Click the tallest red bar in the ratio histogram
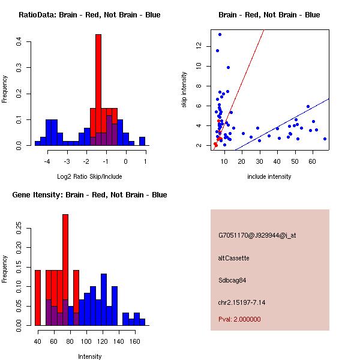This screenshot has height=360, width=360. [x=98, y=90]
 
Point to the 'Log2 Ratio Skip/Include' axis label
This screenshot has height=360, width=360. [x=89, y=176]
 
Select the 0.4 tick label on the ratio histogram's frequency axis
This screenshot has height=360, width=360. [x=20, y=41]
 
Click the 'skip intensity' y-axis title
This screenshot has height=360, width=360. [x=184, y=90]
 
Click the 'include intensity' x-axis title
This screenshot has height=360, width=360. [x=269, y=176]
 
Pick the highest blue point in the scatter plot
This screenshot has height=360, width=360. [x=220, y=34]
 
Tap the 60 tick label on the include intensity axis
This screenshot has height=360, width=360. [x=313, y=160]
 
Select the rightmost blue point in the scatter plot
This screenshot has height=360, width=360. [x=325, y=139]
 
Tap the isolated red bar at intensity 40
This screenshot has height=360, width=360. [x=37, y=298]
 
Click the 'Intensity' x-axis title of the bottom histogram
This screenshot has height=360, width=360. [x=89, y=356]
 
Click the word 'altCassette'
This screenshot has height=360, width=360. [x=234, y=258]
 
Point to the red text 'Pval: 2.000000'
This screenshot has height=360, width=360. [x=239, y=319]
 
